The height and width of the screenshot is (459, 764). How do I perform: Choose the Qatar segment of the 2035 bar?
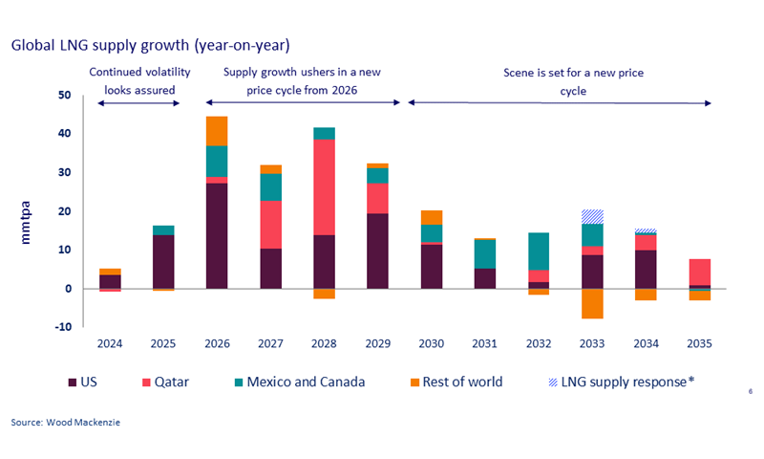coord(700,272)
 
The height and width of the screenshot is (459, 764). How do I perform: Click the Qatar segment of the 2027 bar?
coord(270,224)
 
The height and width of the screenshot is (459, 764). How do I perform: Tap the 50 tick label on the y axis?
coord(64,96)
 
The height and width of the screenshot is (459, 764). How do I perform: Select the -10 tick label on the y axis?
coord(62,327)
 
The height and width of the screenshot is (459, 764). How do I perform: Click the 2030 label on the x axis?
coord(432,344)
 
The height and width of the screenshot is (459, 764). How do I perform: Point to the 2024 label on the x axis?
coord(110,344)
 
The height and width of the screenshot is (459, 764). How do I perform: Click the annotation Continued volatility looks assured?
coord(139,81)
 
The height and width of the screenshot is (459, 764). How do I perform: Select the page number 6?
coord(751,391)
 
